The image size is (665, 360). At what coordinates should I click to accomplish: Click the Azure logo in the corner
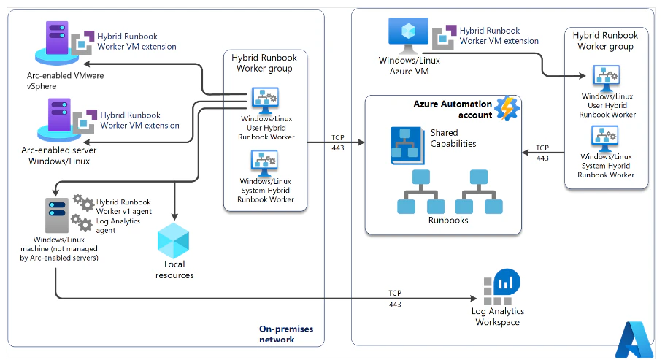click(635, 340)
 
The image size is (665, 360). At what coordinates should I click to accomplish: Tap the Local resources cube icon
click(174, 241)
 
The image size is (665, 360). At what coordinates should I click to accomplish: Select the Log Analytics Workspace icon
click(501, 287)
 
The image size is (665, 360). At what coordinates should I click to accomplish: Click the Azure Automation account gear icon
click(507, 109)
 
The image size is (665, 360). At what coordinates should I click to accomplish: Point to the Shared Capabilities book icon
click(407, 145)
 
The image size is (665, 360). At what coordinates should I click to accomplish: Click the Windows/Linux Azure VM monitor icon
click(408, 35)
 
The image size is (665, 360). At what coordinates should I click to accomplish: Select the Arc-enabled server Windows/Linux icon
click(59, 120)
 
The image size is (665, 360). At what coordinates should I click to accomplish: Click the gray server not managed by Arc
click(57, 215)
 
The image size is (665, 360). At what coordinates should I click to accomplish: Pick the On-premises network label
click(286, 334)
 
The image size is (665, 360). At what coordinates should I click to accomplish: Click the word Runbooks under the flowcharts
click(448, 221)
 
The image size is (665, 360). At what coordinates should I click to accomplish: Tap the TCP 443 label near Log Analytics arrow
click(395, 299)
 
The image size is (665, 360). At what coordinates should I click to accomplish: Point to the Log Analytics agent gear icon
click(81, 223)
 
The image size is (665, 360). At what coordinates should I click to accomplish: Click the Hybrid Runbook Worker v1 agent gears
click(83, 203)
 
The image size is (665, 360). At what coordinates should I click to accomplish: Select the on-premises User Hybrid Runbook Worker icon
click(265, 101)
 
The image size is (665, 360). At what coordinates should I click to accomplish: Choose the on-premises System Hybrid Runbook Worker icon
click(264, 164)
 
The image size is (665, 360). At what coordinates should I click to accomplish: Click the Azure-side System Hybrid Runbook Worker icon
click(605, 139)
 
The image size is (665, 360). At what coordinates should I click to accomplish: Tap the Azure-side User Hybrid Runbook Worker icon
click(606, 78)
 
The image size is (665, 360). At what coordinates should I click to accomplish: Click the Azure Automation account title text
click(453, 110)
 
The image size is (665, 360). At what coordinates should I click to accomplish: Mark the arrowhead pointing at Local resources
click(174, 216)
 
